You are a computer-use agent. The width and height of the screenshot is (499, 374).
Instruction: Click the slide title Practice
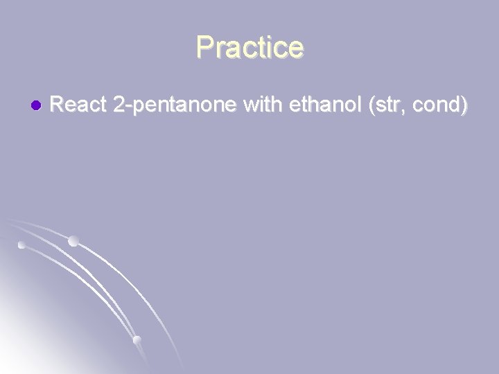pyautogui.click(x=249, y=48)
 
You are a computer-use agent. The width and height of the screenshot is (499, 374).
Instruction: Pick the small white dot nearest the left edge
pyautogui.click(x=21, y=245)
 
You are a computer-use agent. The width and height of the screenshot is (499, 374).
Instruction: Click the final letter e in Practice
pyautogui.click(x=295, y=48)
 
